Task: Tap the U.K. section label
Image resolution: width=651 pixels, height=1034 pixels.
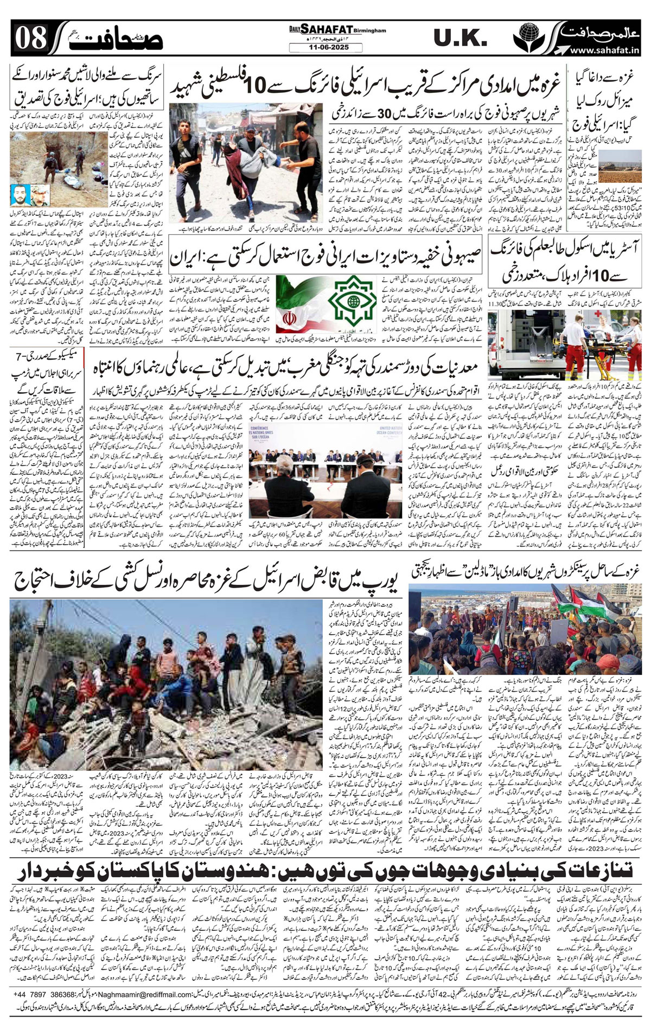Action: (461, 39)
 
